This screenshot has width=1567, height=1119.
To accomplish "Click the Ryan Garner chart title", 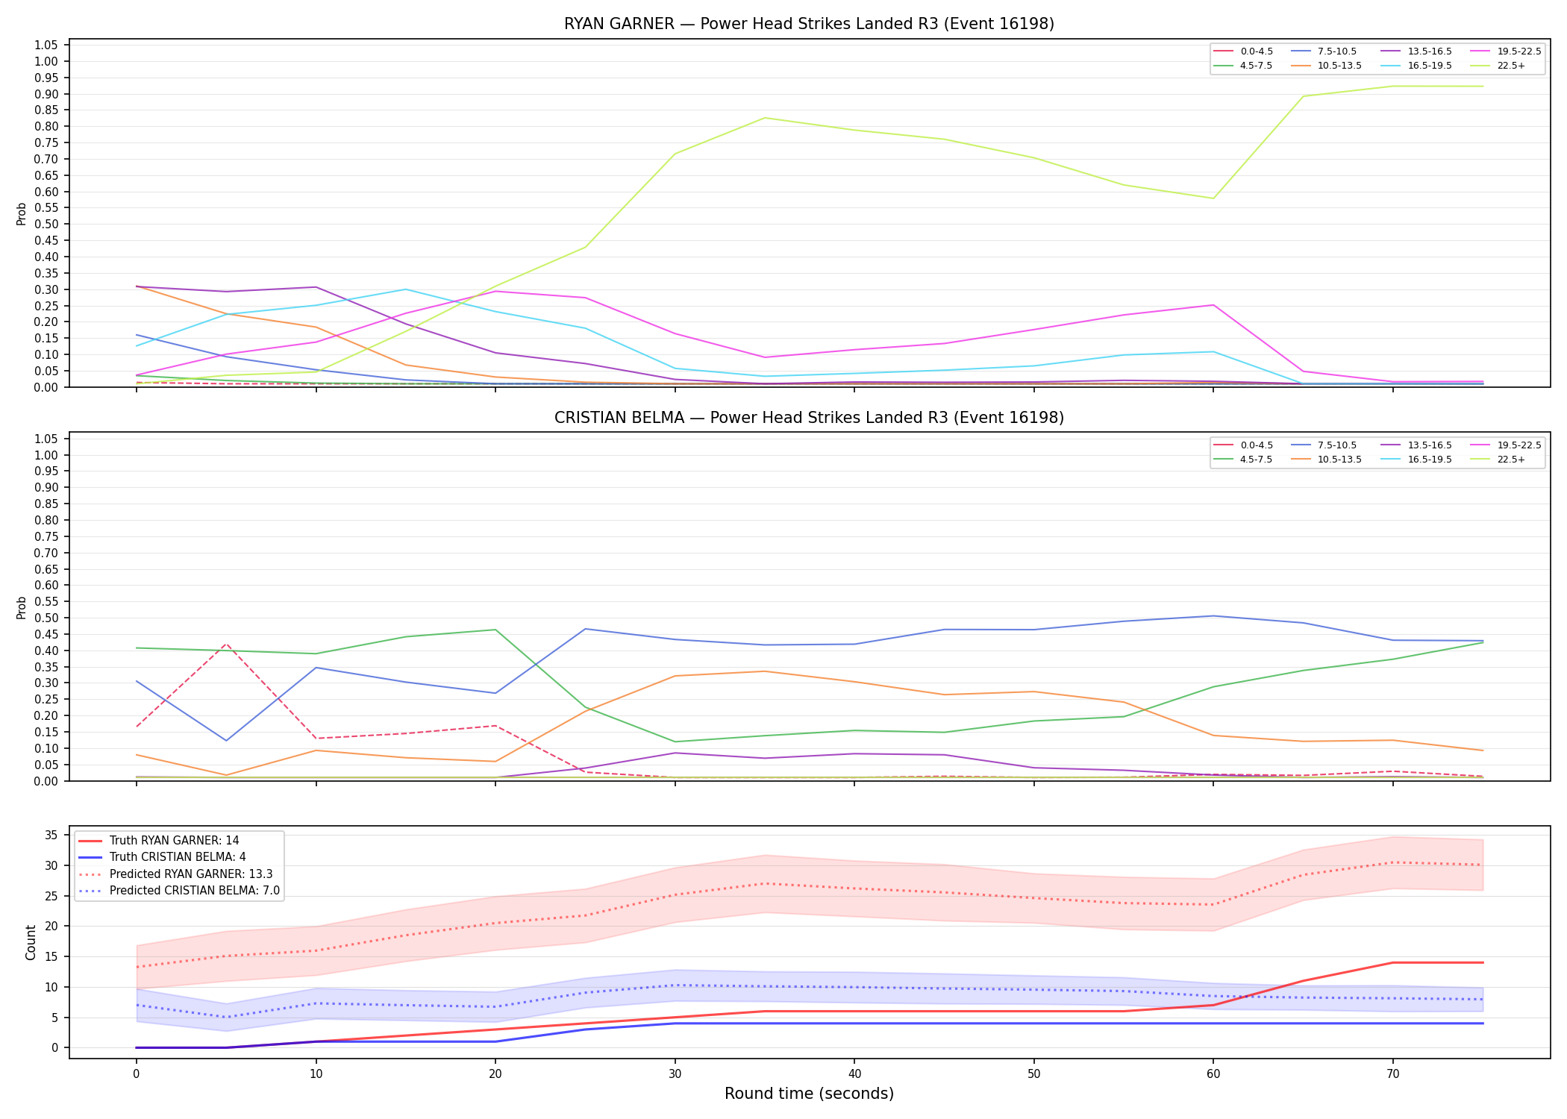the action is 809,24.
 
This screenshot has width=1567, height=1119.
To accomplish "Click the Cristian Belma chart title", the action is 809,418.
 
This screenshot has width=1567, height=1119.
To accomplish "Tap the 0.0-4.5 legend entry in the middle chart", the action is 1242,445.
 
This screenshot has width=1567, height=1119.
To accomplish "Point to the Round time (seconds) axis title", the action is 809,1094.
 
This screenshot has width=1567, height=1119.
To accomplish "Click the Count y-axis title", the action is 31,942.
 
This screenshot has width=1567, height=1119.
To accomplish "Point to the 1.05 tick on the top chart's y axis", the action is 46,46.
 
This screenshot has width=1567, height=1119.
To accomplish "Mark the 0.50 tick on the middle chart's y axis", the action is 46,618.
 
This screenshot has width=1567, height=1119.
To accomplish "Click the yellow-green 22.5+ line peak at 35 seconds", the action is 764,118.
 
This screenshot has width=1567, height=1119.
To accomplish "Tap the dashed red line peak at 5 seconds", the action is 226,644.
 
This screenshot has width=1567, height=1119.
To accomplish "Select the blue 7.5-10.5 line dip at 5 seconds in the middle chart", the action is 226,740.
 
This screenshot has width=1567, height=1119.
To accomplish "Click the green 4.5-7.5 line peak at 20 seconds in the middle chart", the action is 495,630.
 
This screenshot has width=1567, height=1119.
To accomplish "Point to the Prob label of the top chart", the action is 22,214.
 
